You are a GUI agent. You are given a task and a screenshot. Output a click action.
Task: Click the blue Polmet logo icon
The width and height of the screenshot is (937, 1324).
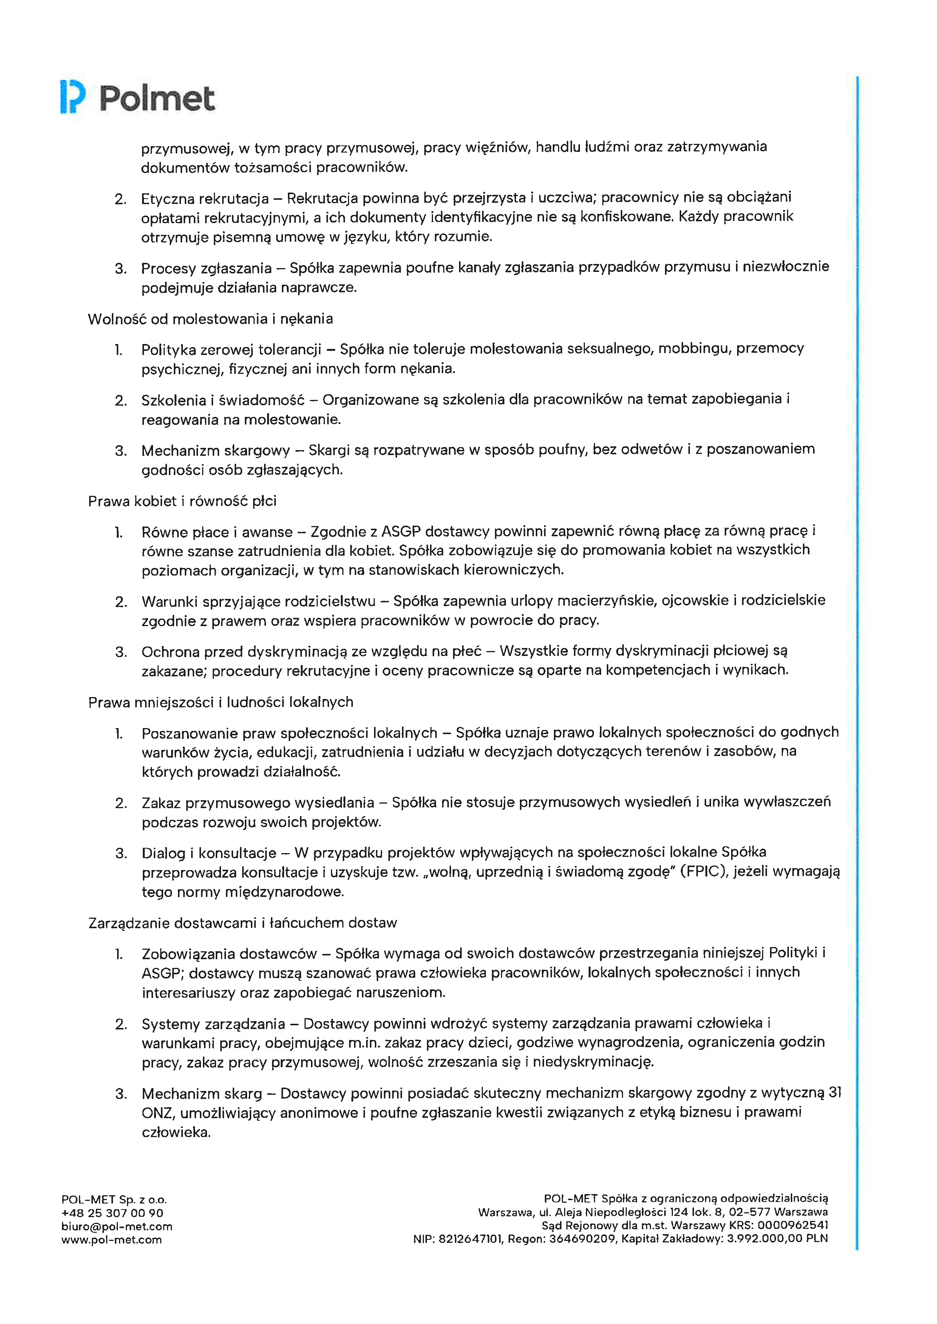(73, 97)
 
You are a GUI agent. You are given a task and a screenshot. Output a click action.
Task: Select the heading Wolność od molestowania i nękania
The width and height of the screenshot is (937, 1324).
(210, 319)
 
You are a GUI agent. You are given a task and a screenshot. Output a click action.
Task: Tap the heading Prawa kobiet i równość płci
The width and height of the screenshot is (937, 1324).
(182, 501)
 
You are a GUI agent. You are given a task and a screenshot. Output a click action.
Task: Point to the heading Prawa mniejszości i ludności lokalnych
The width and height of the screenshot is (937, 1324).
(220, 702)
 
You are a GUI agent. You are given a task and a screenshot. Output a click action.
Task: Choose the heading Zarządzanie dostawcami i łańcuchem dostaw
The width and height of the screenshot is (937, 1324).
(242, 923)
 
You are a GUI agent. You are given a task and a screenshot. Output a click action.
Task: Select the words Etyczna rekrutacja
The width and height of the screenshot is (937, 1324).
(205, 199)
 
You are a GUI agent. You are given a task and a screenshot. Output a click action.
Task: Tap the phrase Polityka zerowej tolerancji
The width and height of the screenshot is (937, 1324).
(231, 349)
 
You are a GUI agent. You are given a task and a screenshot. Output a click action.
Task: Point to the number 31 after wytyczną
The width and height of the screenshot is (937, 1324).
(834, 1093)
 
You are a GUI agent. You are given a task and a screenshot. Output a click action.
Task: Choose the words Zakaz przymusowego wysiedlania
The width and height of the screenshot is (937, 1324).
(258, 803)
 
